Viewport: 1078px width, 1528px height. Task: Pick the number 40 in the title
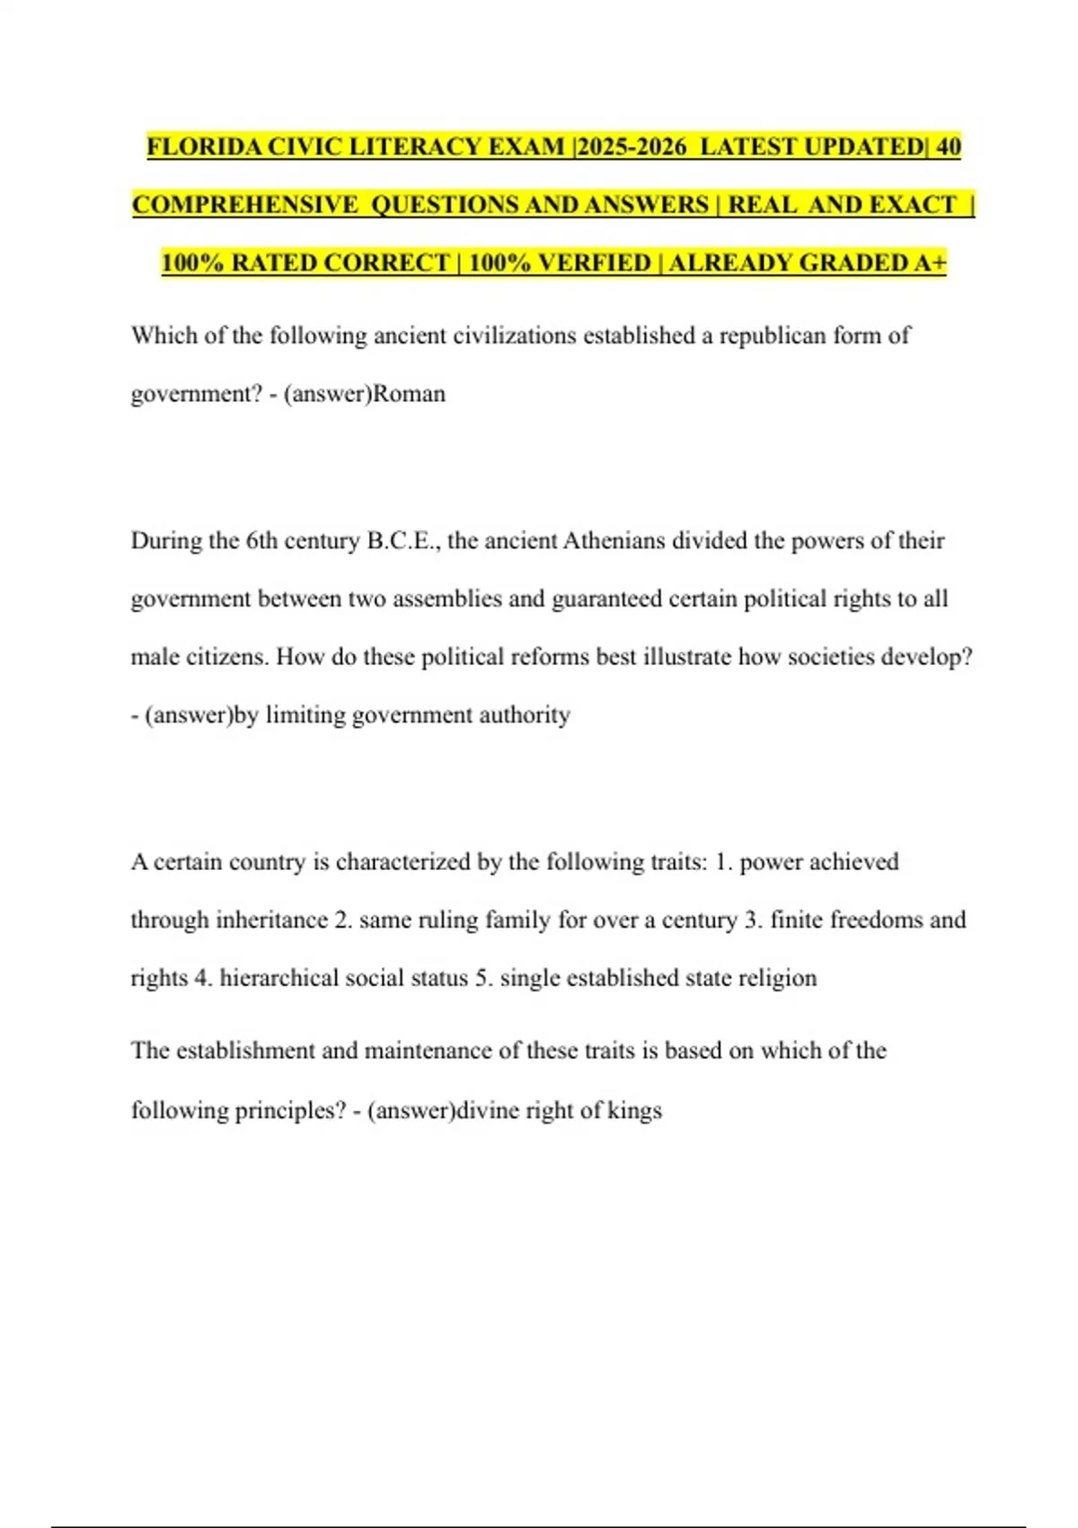tap(948, 147)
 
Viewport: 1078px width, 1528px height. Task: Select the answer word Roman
tap(409, 394)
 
